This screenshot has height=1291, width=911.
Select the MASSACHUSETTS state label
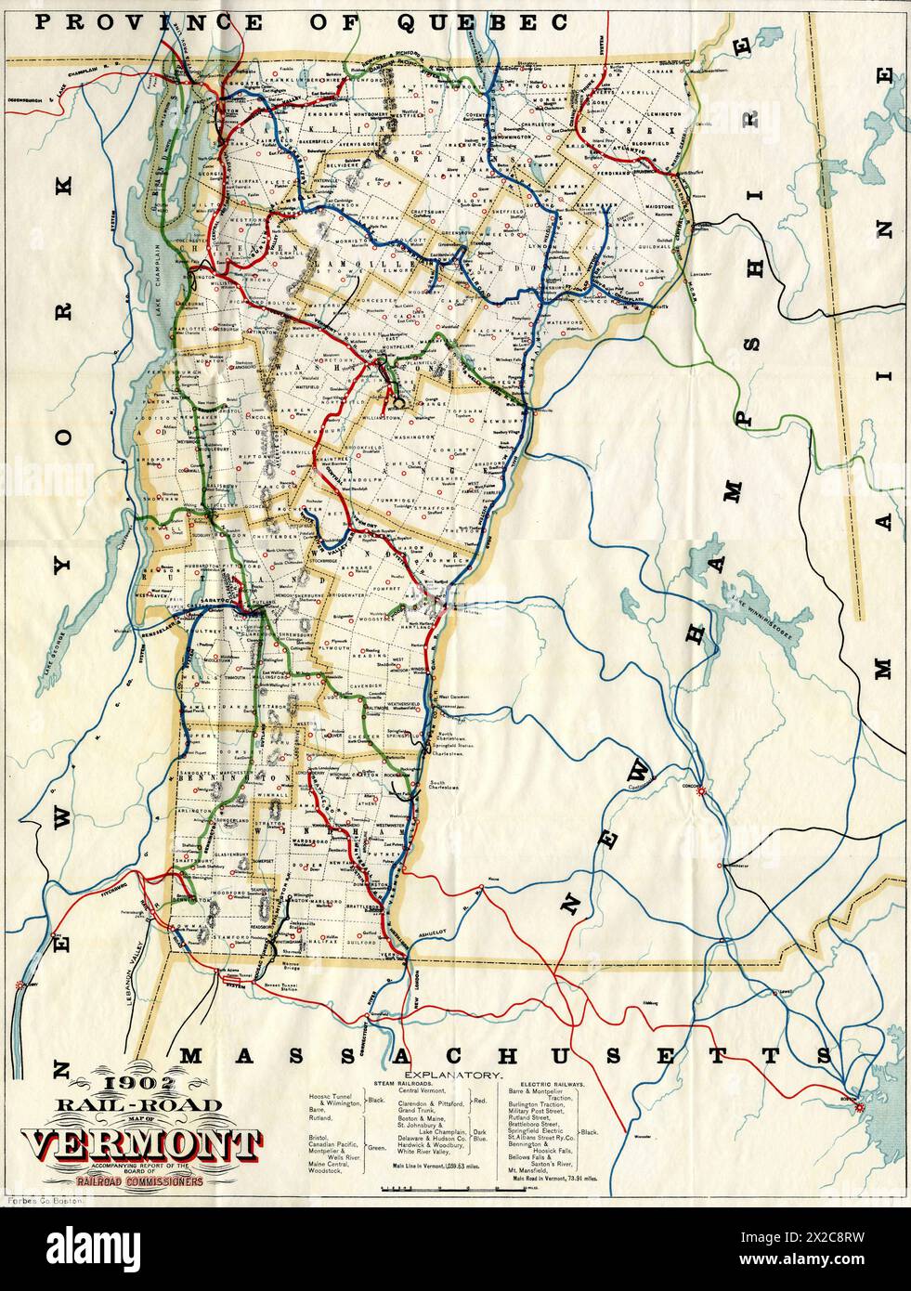tap(506, 1055)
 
